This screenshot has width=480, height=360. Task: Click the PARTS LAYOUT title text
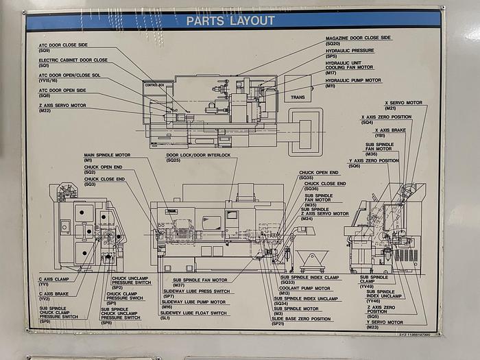click(x=230, y=21)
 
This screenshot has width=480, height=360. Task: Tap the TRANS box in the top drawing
click(x=298, y=97)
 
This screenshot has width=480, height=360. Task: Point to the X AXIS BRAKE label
click(x=391, y=130)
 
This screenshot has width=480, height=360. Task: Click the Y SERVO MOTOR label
click(x=384, y=322)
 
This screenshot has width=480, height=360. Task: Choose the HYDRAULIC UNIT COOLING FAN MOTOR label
click(x=349, y=64)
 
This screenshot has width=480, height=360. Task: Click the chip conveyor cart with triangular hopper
click(x=313, y=260)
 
